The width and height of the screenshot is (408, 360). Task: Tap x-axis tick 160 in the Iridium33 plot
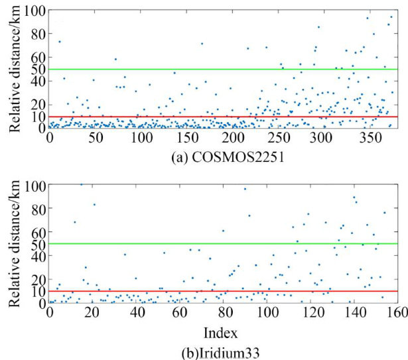[395, 312]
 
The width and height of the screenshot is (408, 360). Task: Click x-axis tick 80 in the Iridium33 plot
[222, 312]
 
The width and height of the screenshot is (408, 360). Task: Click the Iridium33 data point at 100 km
[81, 184]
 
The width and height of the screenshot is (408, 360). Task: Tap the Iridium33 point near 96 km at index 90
[244, 189]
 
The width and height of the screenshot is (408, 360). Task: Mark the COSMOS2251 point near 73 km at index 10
[59, 42]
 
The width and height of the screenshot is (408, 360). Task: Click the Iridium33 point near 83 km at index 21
[94, 204]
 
